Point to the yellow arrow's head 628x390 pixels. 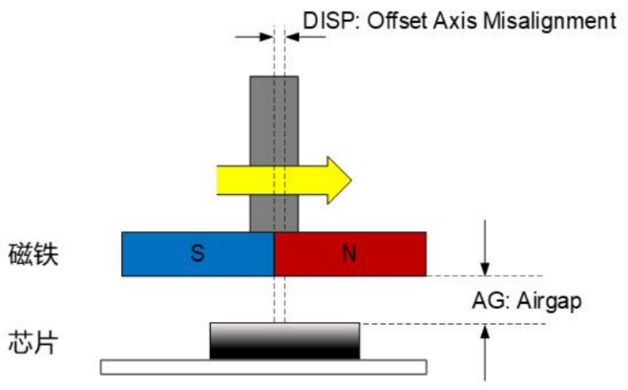(x=339, y=179)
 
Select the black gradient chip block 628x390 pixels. (x=285, y=340)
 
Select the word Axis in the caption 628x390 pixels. (x=450, y=19)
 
